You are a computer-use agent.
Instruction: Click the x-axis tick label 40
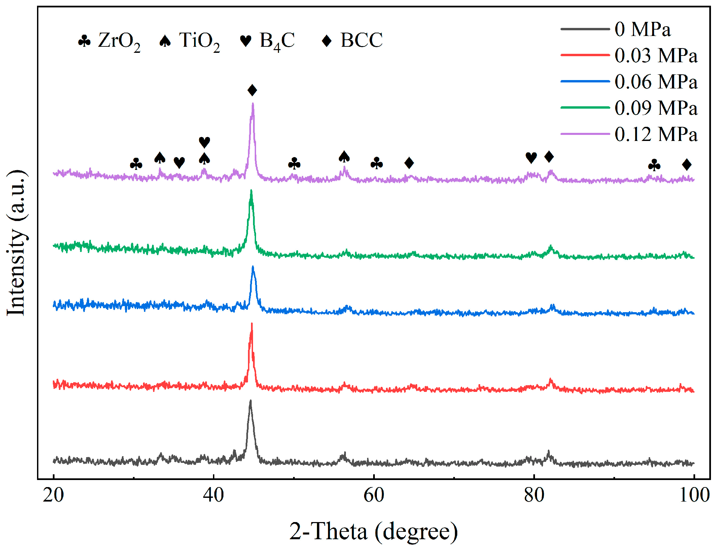pyautogui.click(x=213, y=495)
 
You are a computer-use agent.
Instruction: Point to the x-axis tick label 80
pyautogui.click(x=534, y=495)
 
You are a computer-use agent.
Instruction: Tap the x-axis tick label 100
pyautogui.click(x=694, y=495)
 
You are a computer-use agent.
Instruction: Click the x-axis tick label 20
pyautogui.click(x=53, y=495)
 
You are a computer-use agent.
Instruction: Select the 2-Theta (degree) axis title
pyautogui.click(x=373, y=531)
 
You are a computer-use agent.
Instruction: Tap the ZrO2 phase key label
pyautogui.click(x=118, y=41)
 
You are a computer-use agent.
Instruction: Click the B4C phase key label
pyautogui.click(x=277, y=41)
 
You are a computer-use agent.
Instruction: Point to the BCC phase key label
pyautogui.click(x=361, y=40)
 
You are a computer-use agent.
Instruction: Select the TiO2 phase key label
pyautogui.click(x=199, y=41)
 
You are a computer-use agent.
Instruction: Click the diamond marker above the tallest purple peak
pyautogui.click(x=252, y=90)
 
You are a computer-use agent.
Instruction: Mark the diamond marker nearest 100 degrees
pyautogui.click(x=687, y=164)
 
